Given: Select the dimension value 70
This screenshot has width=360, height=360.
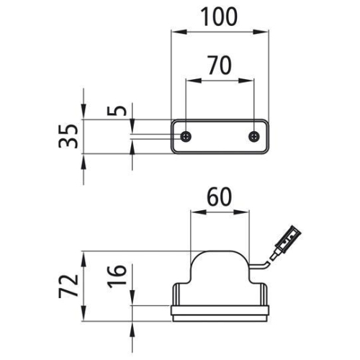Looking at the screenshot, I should (x=219, y=66).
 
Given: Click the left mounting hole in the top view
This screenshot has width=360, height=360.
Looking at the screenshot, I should (x=186, y=136).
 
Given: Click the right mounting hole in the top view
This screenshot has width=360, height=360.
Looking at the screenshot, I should (x=253, y=136).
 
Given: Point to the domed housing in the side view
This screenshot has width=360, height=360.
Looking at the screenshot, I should (x=221, y=266).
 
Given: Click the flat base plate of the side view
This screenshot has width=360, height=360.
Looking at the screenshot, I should (x=221, y=311).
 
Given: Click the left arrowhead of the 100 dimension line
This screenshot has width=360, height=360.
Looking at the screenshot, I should (x=175, y=31).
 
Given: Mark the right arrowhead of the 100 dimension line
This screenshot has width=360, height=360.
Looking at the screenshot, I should (x=265, y=31).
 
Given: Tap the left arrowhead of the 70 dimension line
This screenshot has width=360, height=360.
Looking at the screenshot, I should (x=189, y=79).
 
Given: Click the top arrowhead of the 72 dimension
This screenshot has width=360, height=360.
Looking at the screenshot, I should (x=86, y=255).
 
